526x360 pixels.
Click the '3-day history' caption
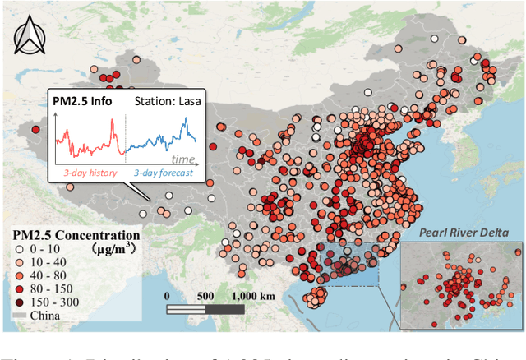(x=92, y=173)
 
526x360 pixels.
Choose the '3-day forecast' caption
(x=162, y=173)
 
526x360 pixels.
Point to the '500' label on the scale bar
(x=206, y=295)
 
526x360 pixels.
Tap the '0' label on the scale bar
(x=168, y=295)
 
